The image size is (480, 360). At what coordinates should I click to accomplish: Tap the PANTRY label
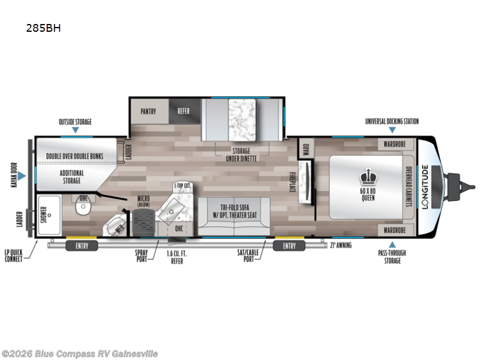click(x=148, y=111)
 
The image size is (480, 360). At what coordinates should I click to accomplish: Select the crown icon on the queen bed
click(x=367, y=176)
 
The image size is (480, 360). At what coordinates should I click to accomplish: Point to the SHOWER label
click(x=43, y=215)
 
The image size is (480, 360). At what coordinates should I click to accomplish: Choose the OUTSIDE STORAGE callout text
click(x=75, y=122)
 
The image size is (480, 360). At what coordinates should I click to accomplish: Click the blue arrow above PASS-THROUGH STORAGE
click(x=392, y=244)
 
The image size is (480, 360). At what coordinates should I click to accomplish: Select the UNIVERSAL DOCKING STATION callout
click(x=392, y=121)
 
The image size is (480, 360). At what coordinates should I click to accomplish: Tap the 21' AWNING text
click(x=340, y=245)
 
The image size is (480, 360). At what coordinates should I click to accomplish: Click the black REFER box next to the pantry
click(x=183, y=111)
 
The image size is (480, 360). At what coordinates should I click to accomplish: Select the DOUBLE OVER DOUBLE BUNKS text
click(x=79, y=157)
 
